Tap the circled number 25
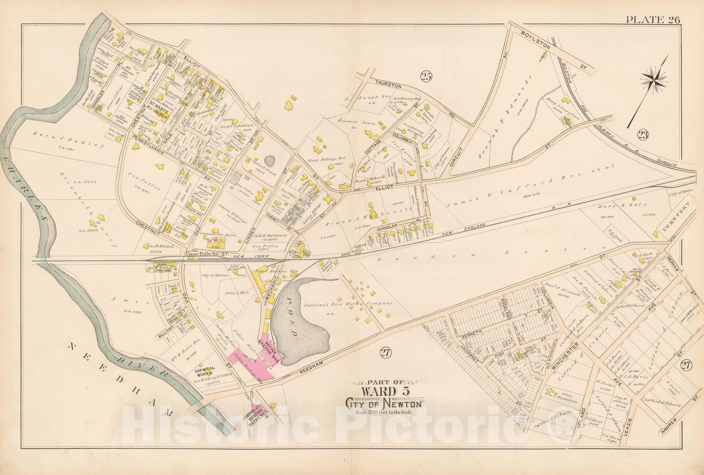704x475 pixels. point(425,77)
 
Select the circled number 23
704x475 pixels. point(643,135)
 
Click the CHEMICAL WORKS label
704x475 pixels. point(205,371)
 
